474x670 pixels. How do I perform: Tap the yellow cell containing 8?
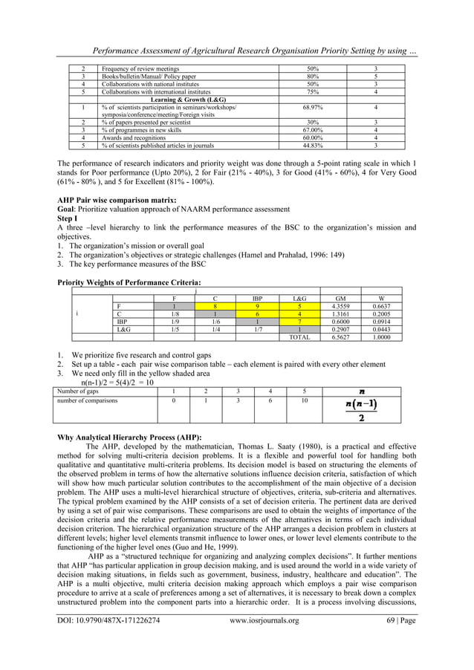click(x=215, y=305)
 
